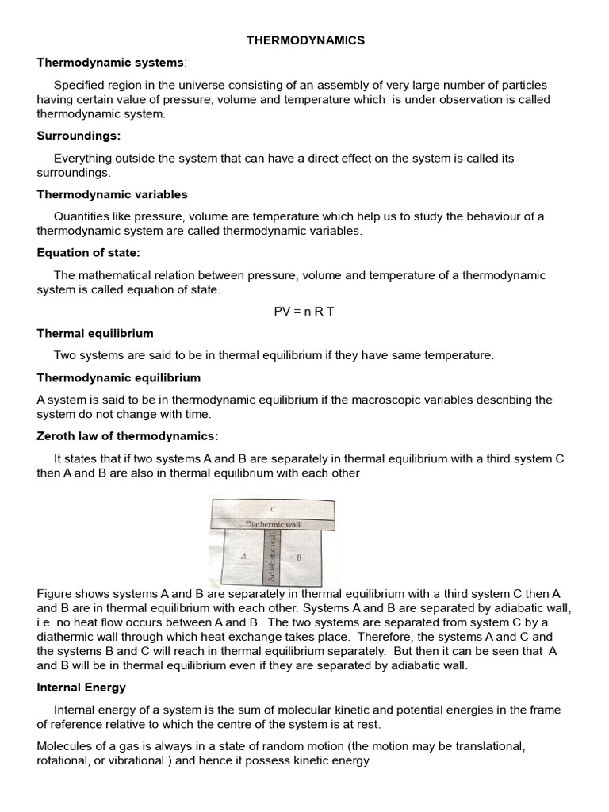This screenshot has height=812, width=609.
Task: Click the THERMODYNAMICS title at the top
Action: [x=304, y=41]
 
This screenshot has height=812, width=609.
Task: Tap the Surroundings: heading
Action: [x=79, y=136]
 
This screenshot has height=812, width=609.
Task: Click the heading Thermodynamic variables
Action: [x=112, y=194]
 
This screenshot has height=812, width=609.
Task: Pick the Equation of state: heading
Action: [x=88, y=253]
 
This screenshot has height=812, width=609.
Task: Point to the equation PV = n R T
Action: [x=304, y=311]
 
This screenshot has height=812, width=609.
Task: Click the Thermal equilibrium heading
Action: [x=95, y=333]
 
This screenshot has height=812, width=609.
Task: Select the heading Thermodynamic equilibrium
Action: [x=118, y=377]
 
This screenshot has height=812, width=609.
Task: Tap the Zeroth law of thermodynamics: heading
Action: [x=127, y=436]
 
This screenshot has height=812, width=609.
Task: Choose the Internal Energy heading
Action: [x=81, y=688]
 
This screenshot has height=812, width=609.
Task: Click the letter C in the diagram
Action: [x=272, y=509]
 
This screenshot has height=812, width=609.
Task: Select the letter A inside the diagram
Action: [x=244, y=557]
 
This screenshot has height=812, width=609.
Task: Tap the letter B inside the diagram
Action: [x=299, y=557]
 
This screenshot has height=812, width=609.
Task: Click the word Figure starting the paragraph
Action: [x=54, y=593]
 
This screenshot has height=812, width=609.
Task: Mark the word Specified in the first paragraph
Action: [x=79, y=85]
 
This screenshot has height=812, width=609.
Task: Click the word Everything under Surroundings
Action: [x=82, y=158]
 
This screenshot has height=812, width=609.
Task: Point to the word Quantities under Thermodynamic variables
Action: [x=81, y=216]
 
